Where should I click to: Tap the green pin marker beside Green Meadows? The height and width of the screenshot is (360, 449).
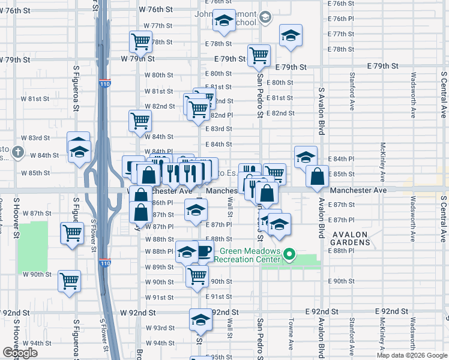click(289, 254)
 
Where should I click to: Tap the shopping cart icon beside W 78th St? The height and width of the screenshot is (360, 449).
click(140, 41)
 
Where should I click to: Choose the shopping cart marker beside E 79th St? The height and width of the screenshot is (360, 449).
click(259, 55)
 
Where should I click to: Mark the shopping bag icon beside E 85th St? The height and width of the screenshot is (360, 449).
click(317, 177)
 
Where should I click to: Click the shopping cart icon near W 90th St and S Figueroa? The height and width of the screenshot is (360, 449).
click(70, 280)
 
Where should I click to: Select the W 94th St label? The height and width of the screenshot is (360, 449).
click(159, 343)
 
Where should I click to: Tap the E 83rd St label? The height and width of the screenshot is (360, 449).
click(218, 129)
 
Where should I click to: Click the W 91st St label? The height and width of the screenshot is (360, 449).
click(159, 297)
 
